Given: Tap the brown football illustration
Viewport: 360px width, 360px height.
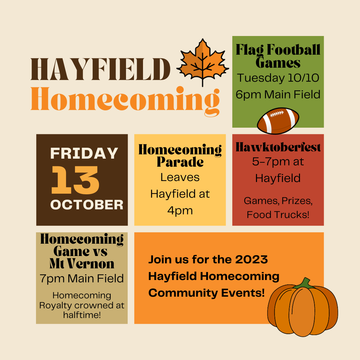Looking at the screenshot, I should point(278,121).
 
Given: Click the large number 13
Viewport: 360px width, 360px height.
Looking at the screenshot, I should point(75,180).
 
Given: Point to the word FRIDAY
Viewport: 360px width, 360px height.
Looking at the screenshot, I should point(84,153).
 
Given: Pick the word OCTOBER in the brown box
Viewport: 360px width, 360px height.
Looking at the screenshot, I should point(87,204).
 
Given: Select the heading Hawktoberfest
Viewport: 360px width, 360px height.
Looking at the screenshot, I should point(278,147).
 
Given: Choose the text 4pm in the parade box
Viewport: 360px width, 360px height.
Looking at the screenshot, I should point(180,211).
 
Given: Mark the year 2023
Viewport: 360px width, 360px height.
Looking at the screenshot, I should point(251,259).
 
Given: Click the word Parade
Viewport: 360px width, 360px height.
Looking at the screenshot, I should point(180,162).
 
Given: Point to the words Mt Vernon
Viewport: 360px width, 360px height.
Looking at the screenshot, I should point(82,264).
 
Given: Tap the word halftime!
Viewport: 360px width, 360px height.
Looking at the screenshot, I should point(82,314).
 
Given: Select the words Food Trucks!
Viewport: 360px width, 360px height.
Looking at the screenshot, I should point(278,214).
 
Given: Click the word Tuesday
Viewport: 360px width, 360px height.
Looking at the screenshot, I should point(260,78).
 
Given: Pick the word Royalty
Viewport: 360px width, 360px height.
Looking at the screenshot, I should point(56,305).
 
